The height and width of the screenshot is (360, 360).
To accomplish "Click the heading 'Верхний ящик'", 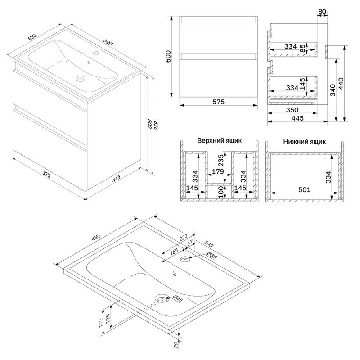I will (x=219, y=140).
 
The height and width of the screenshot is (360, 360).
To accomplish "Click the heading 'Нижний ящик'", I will (x=304, y=141).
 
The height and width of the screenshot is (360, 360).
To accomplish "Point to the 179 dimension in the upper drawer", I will (x=219, y=171).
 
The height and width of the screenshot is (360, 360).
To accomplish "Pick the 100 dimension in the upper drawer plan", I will (x=221, y=191).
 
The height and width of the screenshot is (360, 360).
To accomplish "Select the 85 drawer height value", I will (x=309, y=48).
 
